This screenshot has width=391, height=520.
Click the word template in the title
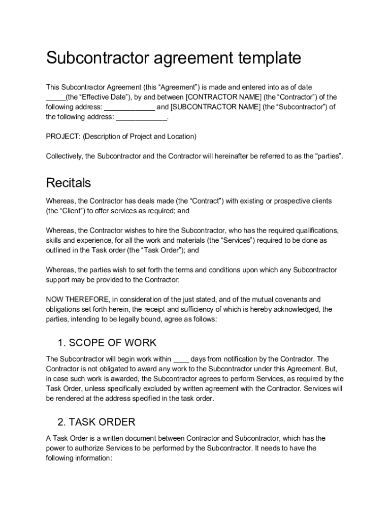pos(267,58)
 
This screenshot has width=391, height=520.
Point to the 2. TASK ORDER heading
pos(96,421)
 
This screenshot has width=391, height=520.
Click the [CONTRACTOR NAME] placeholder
pos(221,97)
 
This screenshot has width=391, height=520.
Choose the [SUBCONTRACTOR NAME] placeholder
pos(215,107)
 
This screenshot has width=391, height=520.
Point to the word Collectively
pos(64,156)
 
